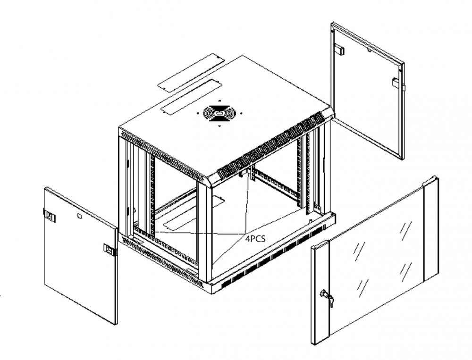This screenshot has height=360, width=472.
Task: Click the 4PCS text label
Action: click(x=255, y=239)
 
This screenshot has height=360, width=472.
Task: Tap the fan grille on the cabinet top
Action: click(x=219, y=113)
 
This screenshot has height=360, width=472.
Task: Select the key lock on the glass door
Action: click(x=327, y=297)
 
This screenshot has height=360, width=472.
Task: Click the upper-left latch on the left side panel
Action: click(x=50, y=218)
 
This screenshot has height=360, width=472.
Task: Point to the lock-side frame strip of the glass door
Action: click(x=320, y=293)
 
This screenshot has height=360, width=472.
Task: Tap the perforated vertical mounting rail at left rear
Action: click(x=152, y=193)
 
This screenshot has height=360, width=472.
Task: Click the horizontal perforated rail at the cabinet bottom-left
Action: click(x=165, y=245)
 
